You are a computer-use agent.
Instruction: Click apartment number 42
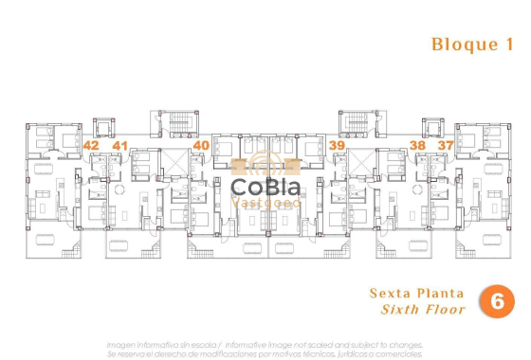point(91,145)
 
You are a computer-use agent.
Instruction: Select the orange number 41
point(119,145)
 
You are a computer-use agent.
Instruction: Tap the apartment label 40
point(200,145)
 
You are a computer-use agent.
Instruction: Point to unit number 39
point(337,145)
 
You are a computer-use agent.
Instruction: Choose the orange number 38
point(417,145)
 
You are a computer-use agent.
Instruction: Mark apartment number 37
point(445,145)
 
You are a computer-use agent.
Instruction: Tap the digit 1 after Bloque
point(511,44)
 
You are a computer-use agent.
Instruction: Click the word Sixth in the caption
point(399,310)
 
